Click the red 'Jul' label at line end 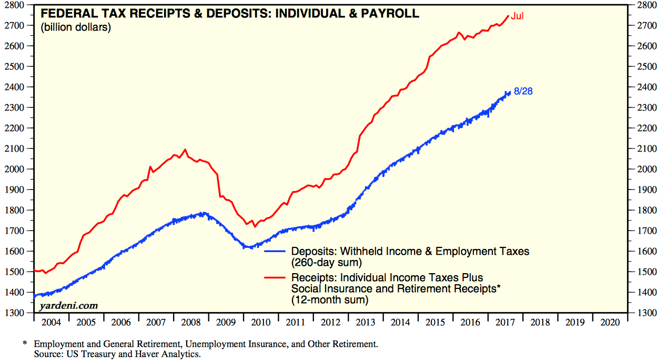click(518, 16)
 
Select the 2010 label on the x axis click(261, 321)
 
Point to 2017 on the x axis click(506, 321)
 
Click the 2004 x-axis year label click(51, 321)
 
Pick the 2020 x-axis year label click(610, 321)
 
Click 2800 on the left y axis click(17, 5)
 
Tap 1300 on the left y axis click(17, 313)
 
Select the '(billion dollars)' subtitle click(76, 27)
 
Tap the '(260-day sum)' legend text click(327, 262)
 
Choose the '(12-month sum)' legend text click(330, 299)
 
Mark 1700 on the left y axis click(17, 231)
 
